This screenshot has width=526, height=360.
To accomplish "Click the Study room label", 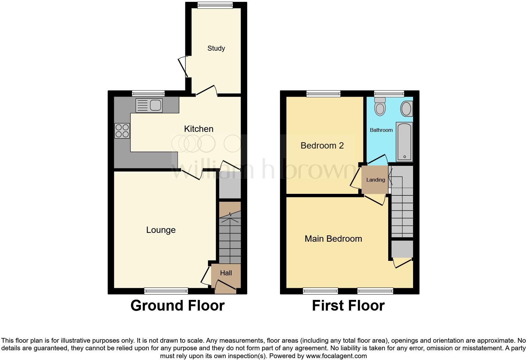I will [216, 48].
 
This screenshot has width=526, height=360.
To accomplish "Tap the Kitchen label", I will [199, 129].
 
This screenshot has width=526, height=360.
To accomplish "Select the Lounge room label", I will [161, 230].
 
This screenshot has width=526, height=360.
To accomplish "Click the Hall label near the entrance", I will [226, 273].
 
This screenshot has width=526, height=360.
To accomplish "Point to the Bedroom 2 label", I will [322, 145].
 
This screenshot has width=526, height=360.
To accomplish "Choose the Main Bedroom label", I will [333, 239].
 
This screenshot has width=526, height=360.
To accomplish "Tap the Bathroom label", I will [381, 130].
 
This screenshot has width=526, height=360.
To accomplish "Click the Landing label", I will [376, 180].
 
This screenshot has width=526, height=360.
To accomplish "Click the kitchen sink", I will [149, 105].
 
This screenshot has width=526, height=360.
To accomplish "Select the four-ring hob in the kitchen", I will [122, 131].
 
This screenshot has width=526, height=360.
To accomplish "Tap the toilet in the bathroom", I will [380, 106].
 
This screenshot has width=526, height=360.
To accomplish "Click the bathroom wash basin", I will [406, 109].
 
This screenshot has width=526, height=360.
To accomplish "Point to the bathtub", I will [404, 142].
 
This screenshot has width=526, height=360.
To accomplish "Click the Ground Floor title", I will [177, 306].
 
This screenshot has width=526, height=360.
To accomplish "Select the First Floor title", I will [348, 306].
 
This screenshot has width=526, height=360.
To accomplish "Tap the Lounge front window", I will [166, 291].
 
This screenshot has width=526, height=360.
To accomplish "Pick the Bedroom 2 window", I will [323, 93].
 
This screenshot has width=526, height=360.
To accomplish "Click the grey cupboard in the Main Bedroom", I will [402, 249].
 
